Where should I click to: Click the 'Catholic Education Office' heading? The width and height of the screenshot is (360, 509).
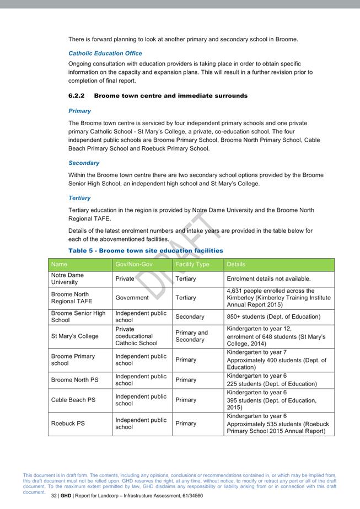coord(105,53)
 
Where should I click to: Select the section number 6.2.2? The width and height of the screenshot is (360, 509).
coord(77,96)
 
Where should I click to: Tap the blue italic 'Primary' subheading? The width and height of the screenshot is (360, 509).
coord(79,111)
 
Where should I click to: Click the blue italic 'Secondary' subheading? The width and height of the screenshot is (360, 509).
coord(84,163)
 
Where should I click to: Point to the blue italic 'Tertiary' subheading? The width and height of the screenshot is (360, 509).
coord(79,198)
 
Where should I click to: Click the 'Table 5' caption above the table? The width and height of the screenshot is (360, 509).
coord(146,251)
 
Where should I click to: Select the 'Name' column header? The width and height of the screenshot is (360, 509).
coord(60,265)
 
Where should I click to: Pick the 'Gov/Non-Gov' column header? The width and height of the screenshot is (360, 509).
coord(134,265)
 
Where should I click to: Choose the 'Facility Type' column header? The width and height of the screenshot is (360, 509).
coord(192,265)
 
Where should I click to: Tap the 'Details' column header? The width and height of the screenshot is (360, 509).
coord(237,265)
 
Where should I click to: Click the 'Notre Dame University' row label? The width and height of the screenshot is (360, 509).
coord(68,278)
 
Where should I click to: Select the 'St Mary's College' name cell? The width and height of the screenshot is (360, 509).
coord(75,336)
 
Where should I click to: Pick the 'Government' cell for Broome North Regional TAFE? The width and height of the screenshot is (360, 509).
coord(132,298)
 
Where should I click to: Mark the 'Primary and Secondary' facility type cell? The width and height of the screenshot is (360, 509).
coord(192,336)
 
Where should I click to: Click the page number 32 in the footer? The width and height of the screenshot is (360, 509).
coord(54,496)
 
